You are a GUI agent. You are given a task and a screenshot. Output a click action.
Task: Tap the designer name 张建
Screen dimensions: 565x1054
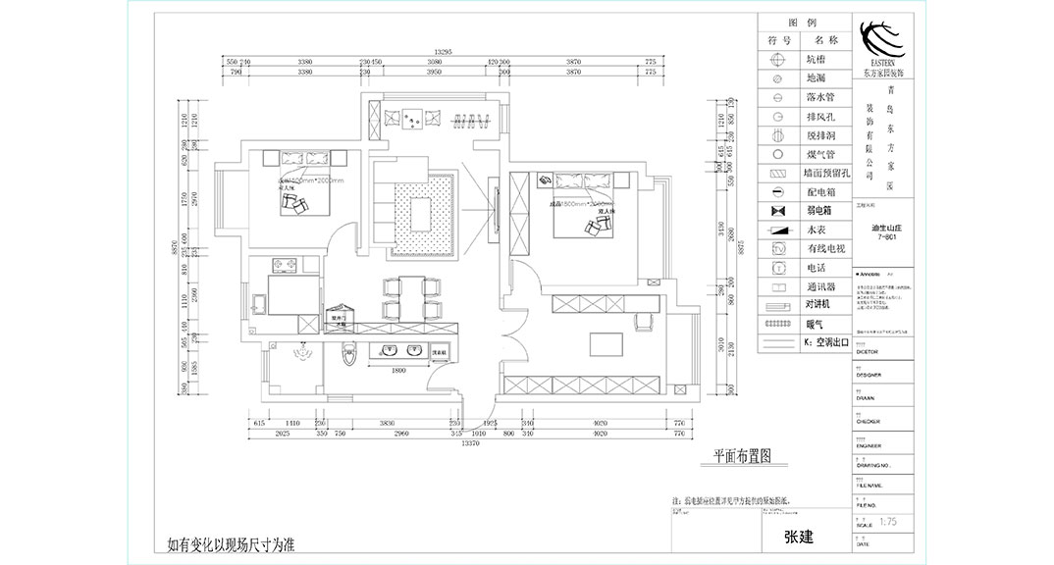click(798, 538)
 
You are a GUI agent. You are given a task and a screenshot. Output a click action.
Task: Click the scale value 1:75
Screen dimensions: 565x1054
click(888, 523)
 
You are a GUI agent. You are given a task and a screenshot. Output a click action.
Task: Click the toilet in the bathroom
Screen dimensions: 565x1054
click(344, 356)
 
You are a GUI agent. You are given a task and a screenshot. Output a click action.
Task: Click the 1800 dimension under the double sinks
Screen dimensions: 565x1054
click(399, 370)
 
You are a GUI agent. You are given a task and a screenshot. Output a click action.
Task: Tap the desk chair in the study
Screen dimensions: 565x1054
click(644, 322)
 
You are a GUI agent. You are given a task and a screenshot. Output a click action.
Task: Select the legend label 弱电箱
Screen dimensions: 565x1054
click(819, 210)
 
